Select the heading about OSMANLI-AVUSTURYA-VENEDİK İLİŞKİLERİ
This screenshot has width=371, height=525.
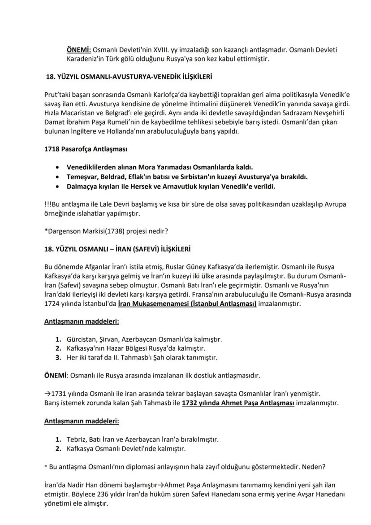coord(129,77)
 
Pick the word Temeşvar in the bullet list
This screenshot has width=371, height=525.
coord(82,176)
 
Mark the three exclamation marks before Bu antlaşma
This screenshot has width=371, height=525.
coord(47,204)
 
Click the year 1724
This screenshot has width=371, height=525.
coord(52,304)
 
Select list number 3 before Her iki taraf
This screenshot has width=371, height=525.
coord(58,357)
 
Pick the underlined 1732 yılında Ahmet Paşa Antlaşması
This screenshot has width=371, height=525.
coord(237,403)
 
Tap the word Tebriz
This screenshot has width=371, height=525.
coord(76,439)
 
